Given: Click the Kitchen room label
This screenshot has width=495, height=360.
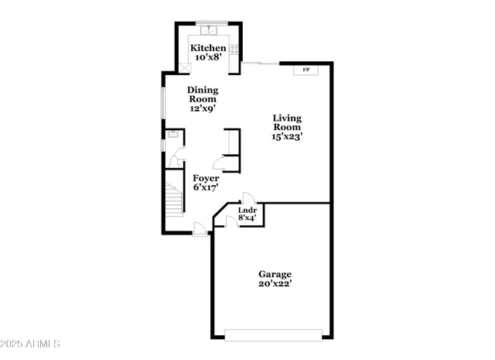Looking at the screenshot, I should point(209,48).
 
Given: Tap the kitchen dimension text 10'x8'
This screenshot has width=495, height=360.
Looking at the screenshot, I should point(209,57).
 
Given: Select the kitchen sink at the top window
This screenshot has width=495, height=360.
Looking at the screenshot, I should point(208,32).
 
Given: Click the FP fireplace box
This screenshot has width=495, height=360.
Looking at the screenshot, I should point(306,70).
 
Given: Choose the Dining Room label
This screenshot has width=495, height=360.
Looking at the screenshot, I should point(203,94).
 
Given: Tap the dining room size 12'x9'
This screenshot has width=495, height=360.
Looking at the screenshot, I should point(203,108).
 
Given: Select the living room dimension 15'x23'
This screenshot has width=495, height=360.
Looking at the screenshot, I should point(286,136).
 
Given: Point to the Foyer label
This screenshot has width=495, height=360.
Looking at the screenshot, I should point(206,178).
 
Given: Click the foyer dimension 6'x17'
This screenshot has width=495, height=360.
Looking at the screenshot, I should point(206,187).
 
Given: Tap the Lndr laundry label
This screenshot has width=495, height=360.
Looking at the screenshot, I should point(247,210).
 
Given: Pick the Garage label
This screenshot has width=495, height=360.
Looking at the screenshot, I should point(275,274).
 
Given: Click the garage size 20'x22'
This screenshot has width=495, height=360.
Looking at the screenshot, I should point(275,283).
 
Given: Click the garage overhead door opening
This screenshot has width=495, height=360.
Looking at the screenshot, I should point(272,334).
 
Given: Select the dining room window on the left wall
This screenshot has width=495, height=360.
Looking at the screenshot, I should point(162,105).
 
